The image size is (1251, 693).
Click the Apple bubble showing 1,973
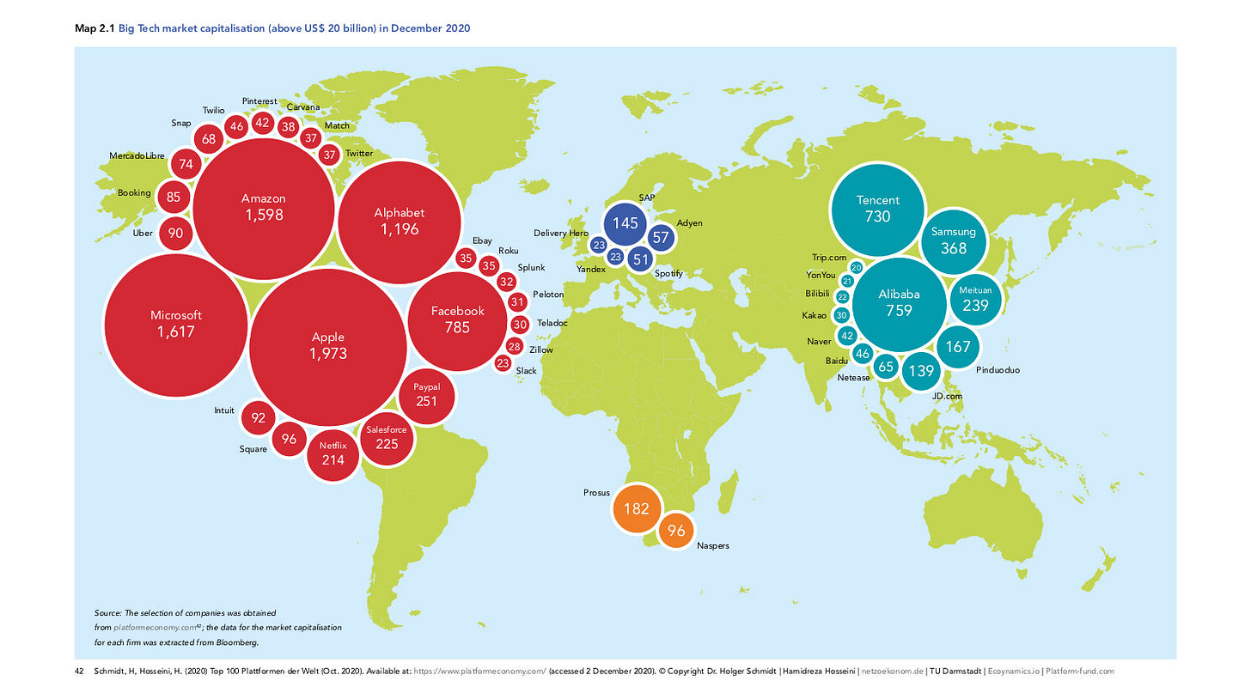[328, 344]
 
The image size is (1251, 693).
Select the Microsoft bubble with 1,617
[175, 323]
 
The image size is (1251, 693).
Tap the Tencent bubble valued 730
[877, 209]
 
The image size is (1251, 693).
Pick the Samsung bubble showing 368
[953, 240]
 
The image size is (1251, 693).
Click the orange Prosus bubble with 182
[636, 508]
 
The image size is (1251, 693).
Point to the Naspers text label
[712, 545]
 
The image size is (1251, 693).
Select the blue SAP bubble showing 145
[625, 223]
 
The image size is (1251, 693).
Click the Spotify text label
[668, 273]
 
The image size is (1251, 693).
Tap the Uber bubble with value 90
[175, 233]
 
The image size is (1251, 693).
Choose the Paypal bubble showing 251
[426, 395]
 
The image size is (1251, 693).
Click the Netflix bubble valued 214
[333, 453]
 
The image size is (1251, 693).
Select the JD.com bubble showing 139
[921, 371]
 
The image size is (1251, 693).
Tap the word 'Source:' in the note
[108, 613]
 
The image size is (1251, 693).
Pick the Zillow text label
[541, 350]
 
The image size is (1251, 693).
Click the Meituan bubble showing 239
[975, 299]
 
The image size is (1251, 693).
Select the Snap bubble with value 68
[209, 138]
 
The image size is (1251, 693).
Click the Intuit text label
[223, 410]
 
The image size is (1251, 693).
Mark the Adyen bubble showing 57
[661, 237]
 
